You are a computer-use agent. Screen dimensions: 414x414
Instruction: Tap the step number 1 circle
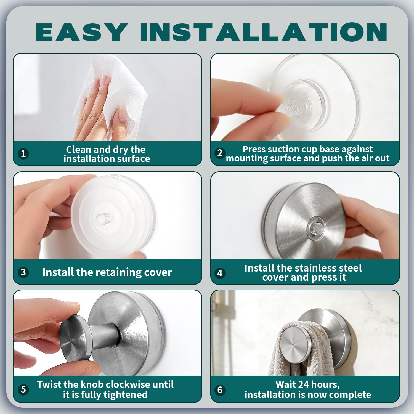[x=23, y=153]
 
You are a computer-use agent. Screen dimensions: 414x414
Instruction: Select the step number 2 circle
[x=220, y=153]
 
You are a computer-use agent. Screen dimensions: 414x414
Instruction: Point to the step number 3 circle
[x=23, y=272]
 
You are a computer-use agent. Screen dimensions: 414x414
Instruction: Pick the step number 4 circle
[x=220, y=273]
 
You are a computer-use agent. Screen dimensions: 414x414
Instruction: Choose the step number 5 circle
[x=23, y=389]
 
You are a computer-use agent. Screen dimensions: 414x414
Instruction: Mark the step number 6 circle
[x=220, y=390]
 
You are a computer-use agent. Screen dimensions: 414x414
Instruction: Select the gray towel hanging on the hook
[x=290, y=356]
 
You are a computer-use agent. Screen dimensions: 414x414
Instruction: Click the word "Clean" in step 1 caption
[x=78, y=150]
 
